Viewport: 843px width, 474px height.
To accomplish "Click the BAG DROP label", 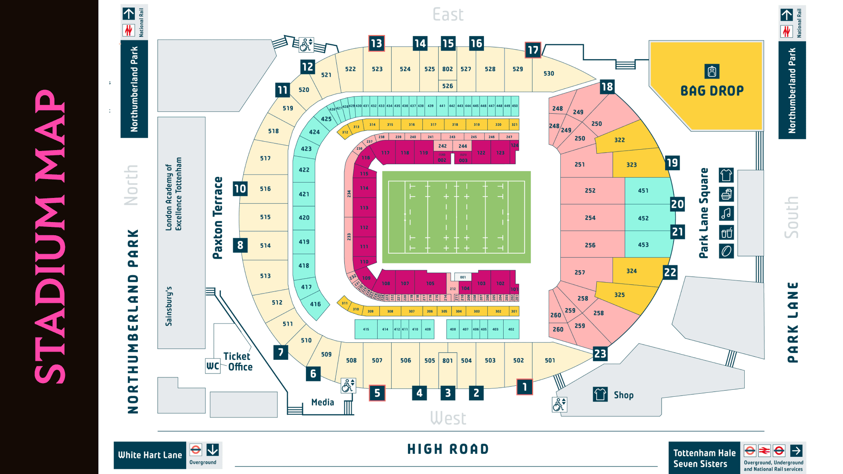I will click(x=712, y=90).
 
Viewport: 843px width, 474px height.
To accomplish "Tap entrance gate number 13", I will click(x=376, y=43).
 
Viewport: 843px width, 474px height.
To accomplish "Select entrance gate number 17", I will click(x=533, y=50).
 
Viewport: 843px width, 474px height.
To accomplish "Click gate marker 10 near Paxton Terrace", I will click(x=240, y=189).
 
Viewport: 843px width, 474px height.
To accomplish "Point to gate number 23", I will click(x=600, y=354).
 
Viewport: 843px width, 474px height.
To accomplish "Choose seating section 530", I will click(x=548, y=73).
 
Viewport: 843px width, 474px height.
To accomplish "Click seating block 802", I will click(x=447, y=69).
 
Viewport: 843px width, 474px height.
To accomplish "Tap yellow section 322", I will click(x=619, y=140).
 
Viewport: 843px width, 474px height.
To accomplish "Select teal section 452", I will click(x=643, y=218).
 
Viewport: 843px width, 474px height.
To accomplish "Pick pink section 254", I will click(x=590, y=218).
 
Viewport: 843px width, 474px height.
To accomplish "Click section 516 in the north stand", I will click(x=265, y=189).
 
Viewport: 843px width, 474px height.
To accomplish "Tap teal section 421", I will click(x=304, y=194).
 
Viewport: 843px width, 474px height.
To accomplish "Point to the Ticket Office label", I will click(x=238, y=362).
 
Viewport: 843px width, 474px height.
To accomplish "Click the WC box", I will click(x=213, y=366).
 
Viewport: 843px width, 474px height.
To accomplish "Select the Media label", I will click(x=322, y=402).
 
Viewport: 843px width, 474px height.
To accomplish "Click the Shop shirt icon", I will click(x=600, y=394).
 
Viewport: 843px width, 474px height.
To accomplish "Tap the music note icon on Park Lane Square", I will click(x=726, y=213).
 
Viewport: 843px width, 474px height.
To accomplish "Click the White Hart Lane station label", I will click(x=150, y=455).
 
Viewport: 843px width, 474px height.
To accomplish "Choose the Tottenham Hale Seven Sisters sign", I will click(x=704, y=458).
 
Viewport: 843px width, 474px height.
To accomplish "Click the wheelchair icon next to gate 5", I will click(x=348, y=386).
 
